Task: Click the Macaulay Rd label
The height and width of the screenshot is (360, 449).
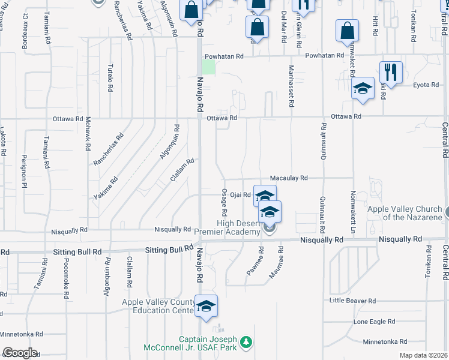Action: [x=288, y=178]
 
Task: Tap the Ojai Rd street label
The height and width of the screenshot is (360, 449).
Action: [x=240, y=194]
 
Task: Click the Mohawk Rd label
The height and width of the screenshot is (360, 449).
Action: [x=88, y=133]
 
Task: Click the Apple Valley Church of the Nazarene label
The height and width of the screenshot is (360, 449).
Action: [x=405, y=213]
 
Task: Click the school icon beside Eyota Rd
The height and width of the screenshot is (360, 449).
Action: [x=363, y=90]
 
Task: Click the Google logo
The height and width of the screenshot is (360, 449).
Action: [x=20, y=353]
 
